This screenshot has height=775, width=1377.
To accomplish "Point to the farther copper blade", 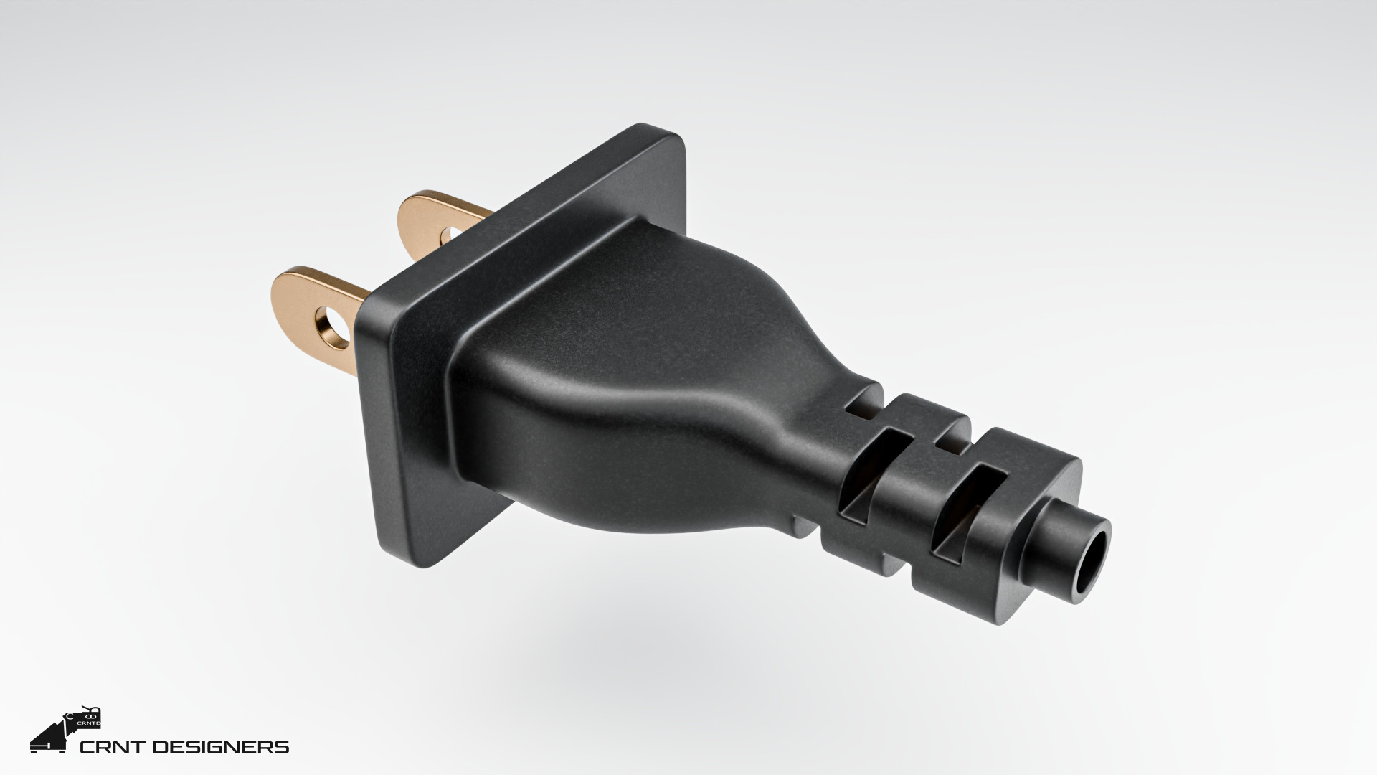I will coord(430,215).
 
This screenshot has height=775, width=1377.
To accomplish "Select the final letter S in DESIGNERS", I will coord(283,748).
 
